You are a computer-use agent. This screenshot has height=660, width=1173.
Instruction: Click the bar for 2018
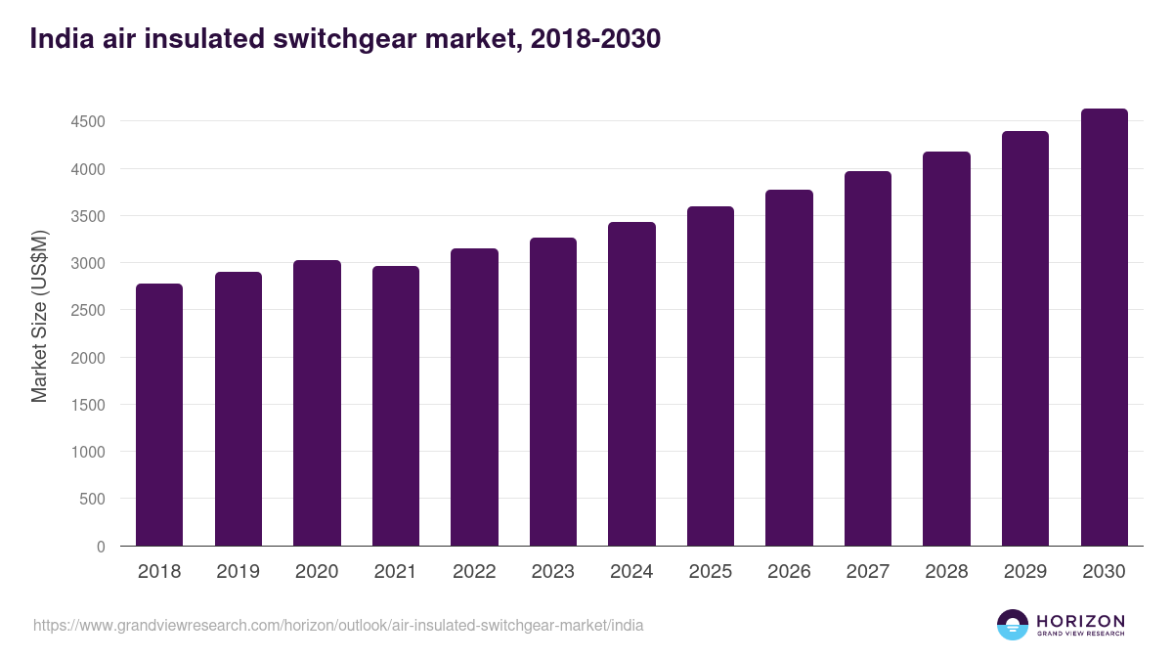pyautogui.click(x=159, y=415)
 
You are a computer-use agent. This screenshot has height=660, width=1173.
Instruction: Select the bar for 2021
pyautogui.click(x=395, y=406)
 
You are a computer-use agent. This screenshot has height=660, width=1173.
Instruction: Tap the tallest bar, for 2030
pyautogui.click(x=1104, y=328)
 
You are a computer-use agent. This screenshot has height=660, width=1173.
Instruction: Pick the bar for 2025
pyautogui.click(x=710, y=376)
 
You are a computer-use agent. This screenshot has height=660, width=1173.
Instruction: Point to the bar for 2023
pyautogui.click(x=552, y=392)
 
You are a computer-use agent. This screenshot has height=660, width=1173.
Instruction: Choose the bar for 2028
pyautogui.click(x=946, y=349)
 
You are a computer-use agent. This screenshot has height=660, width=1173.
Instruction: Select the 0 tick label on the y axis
pyautogui.click(x=101, y=546)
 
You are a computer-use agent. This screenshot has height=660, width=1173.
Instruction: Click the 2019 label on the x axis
pyautogui.click(x=238, y=572)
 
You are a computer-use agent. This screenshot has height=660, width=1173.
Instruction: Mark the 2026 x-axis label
pyautogui.click(x=789, y=572)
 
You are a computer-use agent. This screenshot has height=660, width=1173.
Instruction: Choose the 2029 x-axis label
pyautogui.click(x=1025, y=572)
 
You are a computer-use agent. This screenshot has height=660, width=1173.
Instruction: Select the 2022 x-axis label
pyautogui.click(x=474, y=572)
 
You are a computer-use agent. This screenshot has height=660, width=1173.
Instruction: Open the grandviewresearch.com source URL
pyautogui.click(x=338, y=625)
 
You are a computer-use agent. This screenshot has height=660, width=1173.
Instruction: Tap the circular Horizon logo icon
pyautogui.click(x=1013, y=625)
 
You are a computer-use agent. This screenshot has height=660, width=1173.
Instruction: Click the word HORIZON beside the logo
pyautogui.click(x=1080, y=620)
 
